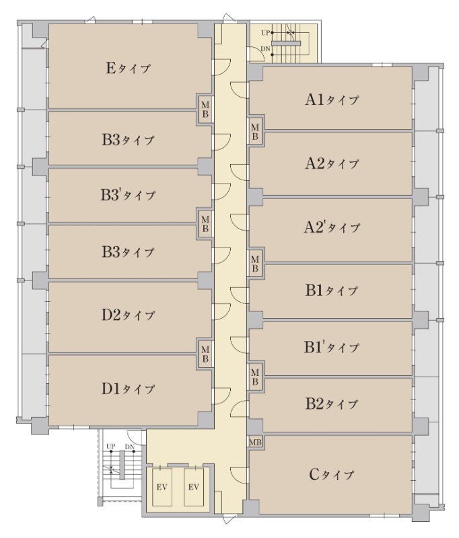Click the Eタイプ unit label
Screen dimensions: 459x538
tap(128, 68)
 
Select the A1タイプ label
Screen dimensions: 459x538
tap(332, 100)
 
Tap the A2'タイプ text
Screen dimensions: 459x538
tap(332, 227)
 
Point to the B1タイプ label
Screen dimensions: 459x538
tap(332, 291)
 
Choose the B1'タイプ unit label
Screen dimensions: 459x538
tap(332, 347)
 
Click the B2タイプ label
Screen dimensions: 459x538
tap(332, 404)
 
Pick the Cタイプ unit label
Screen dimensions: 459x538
tap(331, 475)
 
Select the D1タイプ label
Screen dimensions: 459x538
tap(128, 389)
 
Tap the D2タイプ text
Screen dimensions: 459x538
tap(128, 315)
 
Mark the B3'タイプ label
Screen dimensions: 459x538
tap(128, 195)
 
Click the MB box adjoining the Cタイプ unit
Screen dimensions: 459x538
tap(255, 443)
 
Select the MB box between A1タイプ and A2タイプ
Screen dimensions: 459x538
tap(255, 132)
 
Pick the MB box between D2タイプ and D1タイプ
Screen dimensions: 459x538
tap(205, 354)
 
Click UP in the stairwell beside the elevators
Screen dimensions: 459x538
tap(110, 447)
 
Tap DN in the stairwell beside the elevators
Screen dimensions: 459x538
tap(129, 447)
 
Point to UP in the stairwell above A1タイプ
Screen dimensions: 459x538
tap(265, 33)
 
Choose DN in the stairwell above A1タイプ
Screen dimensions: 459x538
tap(265, 48)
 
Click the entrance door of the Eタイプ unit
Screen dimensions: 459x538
tap(221, 66)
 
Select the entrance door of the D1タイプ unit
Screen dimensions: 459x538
tap(221, 395)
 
